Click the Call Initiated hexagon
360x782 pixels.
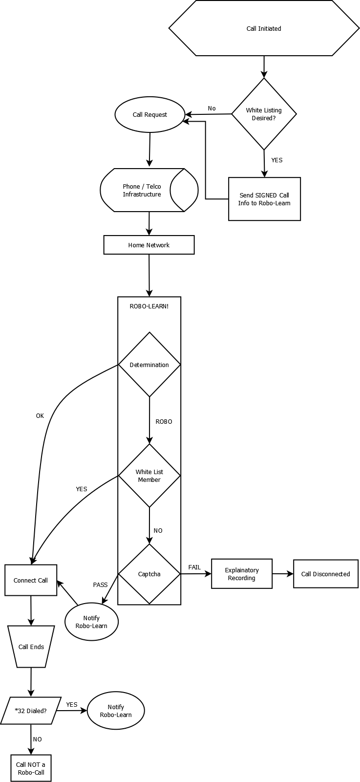[x=264, y=29]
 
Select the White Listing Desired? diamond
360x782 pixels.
[x=264, y=114]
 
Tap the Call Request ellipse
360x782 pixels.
[x=150, y=115]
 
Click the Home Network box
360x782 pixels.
[x=149, y=245]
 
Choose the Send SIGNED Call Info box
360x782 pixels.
[x=264, y=199]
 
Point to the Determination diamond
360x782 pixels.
[x=149, y=365]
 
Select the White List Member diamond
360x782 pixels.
[x=149, y=476]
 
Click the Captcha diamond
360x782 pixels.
[x=149, y=574]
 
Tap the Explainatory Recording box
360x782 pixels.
[x=242, y=574]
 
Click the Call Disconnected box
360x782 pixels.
[x=325, y=574]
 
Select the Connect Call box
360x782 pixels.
[x=31, y=580]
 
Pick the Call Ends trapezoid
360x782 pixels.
[x=31, y=647]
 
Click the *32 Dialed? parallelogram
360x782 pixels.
[x=31, y=711]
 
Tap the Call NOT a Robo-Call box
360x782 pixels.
[x=31, y=768]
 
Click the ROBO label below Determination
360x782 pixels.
[x=164, y=421]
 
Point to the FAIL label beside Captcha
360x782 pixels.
[x=194, y=567]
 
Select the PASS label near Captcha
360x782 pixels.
[x=100, y=585]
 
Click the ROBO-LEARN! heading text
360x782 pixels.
[x=149, y=306]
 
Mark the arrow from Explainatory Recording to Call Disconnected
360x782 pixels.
[x=283, y=574]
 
